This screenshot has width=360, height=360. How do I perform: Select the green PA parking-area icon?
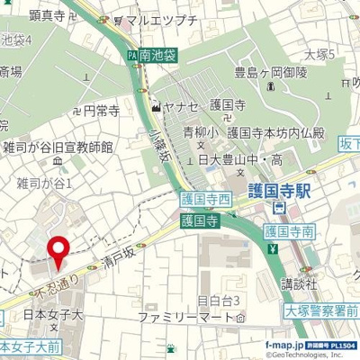click(x=131, y=55)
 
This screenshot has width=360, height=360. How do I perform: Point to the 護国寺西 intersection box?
click(x=205, y=199)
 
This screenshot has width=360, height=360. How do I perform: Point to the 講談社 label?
click(x=295, y=283)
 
